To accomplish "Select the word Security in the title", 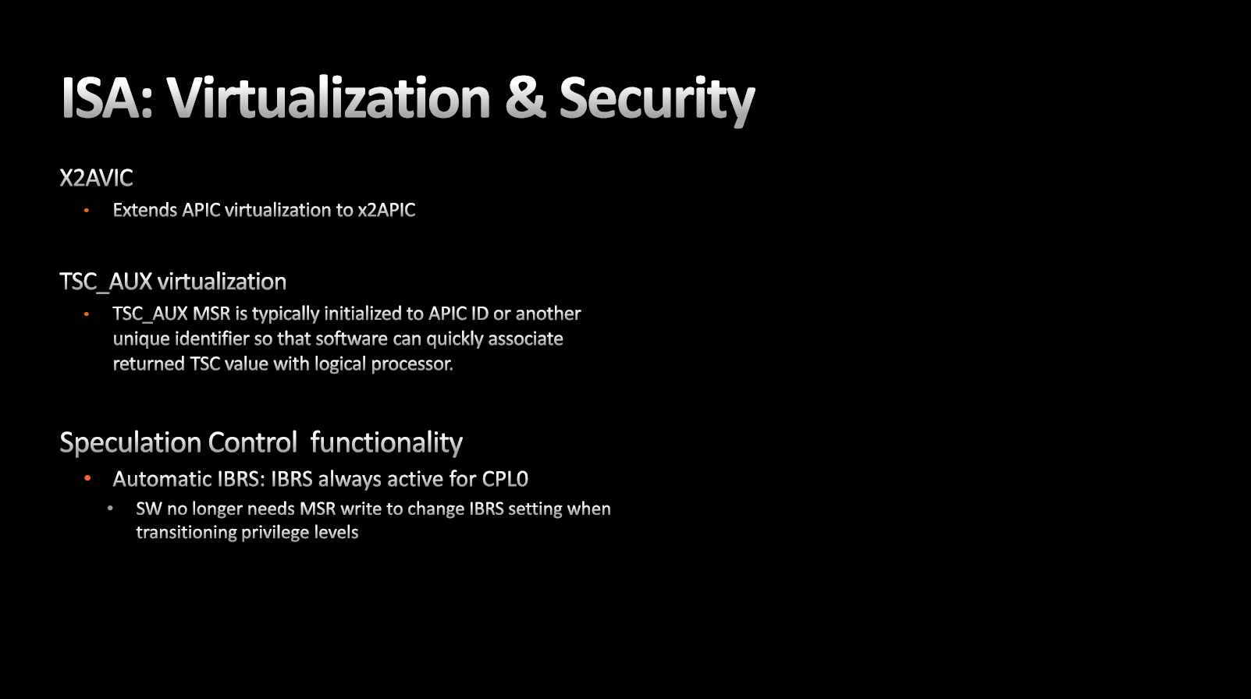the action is pos(657,101).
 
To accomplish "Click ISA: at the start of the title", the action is pos(107,98).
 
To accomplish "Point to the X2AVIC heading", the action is pos(96,178).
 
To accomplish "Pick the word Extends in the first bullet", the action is pos(144,210).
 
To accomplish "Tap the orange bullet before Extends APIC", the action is pos(87,211).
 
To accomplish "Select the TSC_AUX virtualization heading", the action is pos(173,282).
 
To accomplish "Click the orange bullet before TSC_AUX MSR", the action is pos(87,314).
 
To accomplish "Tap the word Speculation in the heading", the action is pos(130,443).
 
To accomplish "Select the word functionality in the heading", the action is pos(386,442).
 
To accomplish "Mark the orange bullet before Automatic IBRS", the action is pos(87,478).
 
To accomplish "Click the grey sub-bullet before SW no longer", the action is pos(110,508).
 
